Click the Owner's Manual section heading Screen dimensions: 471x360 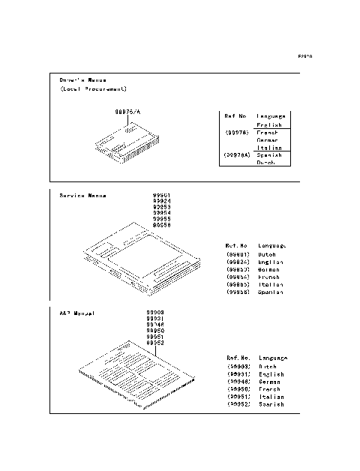coord(82,79)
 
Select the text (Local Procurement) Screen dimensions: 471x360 coord(94,88)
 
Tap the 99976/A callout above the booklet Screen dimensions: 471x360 coord(127,111)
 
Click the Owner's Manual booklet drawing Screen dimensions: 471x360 coord(126,145)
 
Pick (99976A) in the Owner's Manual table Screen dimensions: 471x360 coord(237,155)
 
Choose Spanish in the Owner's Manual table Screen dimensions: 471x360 coord(269,155)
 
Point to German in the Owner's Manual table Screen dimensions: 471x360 coord(268,140)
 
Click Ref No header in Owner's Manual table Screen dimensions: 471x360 coord(235,117)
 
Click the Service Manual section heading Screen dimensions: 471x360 coord(82,196)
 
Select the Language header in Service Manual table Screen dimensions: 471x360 coord(271,245)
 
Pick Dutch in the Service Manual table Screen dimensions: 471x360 coord(267,254)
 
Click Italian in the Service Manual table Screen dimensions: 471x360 coord(270,284)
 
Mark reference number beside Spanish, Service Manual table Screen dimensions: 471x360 coord(238,292)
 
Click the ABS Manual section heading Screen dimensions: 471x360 coord(77,312)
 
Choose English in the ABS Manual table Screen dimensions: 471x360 coord(271,374)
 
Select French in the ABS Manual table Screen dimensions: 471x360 coord(269,389)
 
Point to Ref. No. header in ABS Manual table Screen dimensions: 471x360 coord(238,358)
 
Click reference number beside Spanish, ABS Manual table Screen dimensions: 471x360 coord(238,404)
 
